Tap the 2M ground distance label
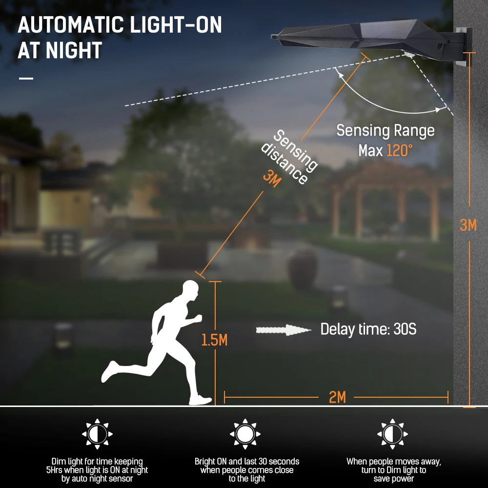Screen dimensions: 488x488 pos(337,397)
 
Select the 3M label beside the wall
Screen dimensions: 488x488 pos(468,225)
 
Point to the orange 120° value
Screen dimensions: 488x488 pos(400,151)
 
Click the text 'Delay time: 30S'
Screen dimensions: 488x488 pos(368,329)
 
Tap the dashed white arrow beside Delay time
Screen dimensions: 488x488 pos(284,330)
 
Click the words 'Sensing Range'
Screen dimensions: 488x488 pos(385,131)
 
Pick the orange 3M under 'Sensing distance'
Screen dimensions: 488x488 pos(272,178)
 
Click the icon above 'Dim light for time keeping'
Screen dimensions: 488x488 pos(97,433)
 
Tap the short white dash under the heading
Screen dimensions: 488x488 pos(26,78)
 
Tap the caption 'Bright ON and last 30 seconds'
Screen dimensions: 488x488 pos(247,461)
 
